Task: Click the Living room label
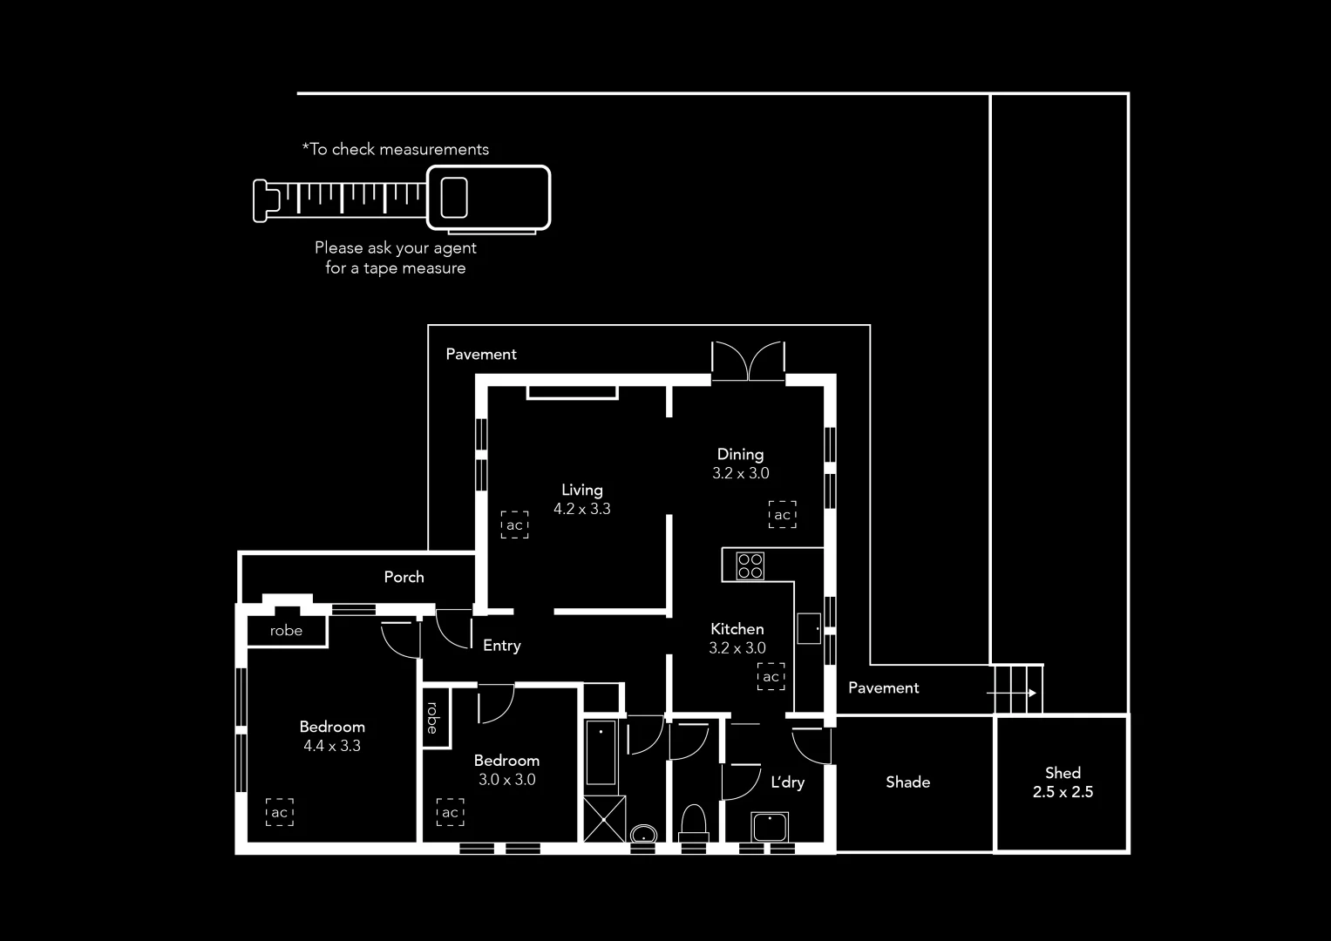[x=581, y=490]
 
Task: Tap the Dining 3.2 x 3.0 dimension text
[x=740, y=474]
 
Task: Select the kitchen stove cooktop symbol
[x=750, y=566]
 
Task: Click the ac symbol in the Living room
[x=514, y=525]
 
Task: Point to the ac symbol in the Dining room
[x=782, y=514]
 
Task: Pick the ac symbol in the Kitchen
[x=771, y=676]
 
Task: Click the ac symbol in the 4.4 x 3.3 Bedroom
[x=279, y=812]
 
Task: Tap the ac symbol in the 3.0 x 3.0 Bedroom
[x=450, y=812]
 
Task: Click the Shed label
[x=1063, y=773]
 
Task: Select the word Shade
[x=907, y=782]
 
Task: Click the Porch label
[x=404, y=577]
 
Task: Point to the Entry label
[x=501, y=646]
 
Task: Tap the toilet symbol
[x=693, y=822]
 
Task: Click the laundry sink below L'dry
[x=770, y=827]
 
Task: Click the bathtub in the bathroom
[x=601, y=752]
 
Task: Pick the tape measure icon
[x=402, y=199]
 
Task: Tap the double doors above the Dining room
[x=748, y=361]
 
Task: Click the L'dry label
[x=787, y=782]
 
